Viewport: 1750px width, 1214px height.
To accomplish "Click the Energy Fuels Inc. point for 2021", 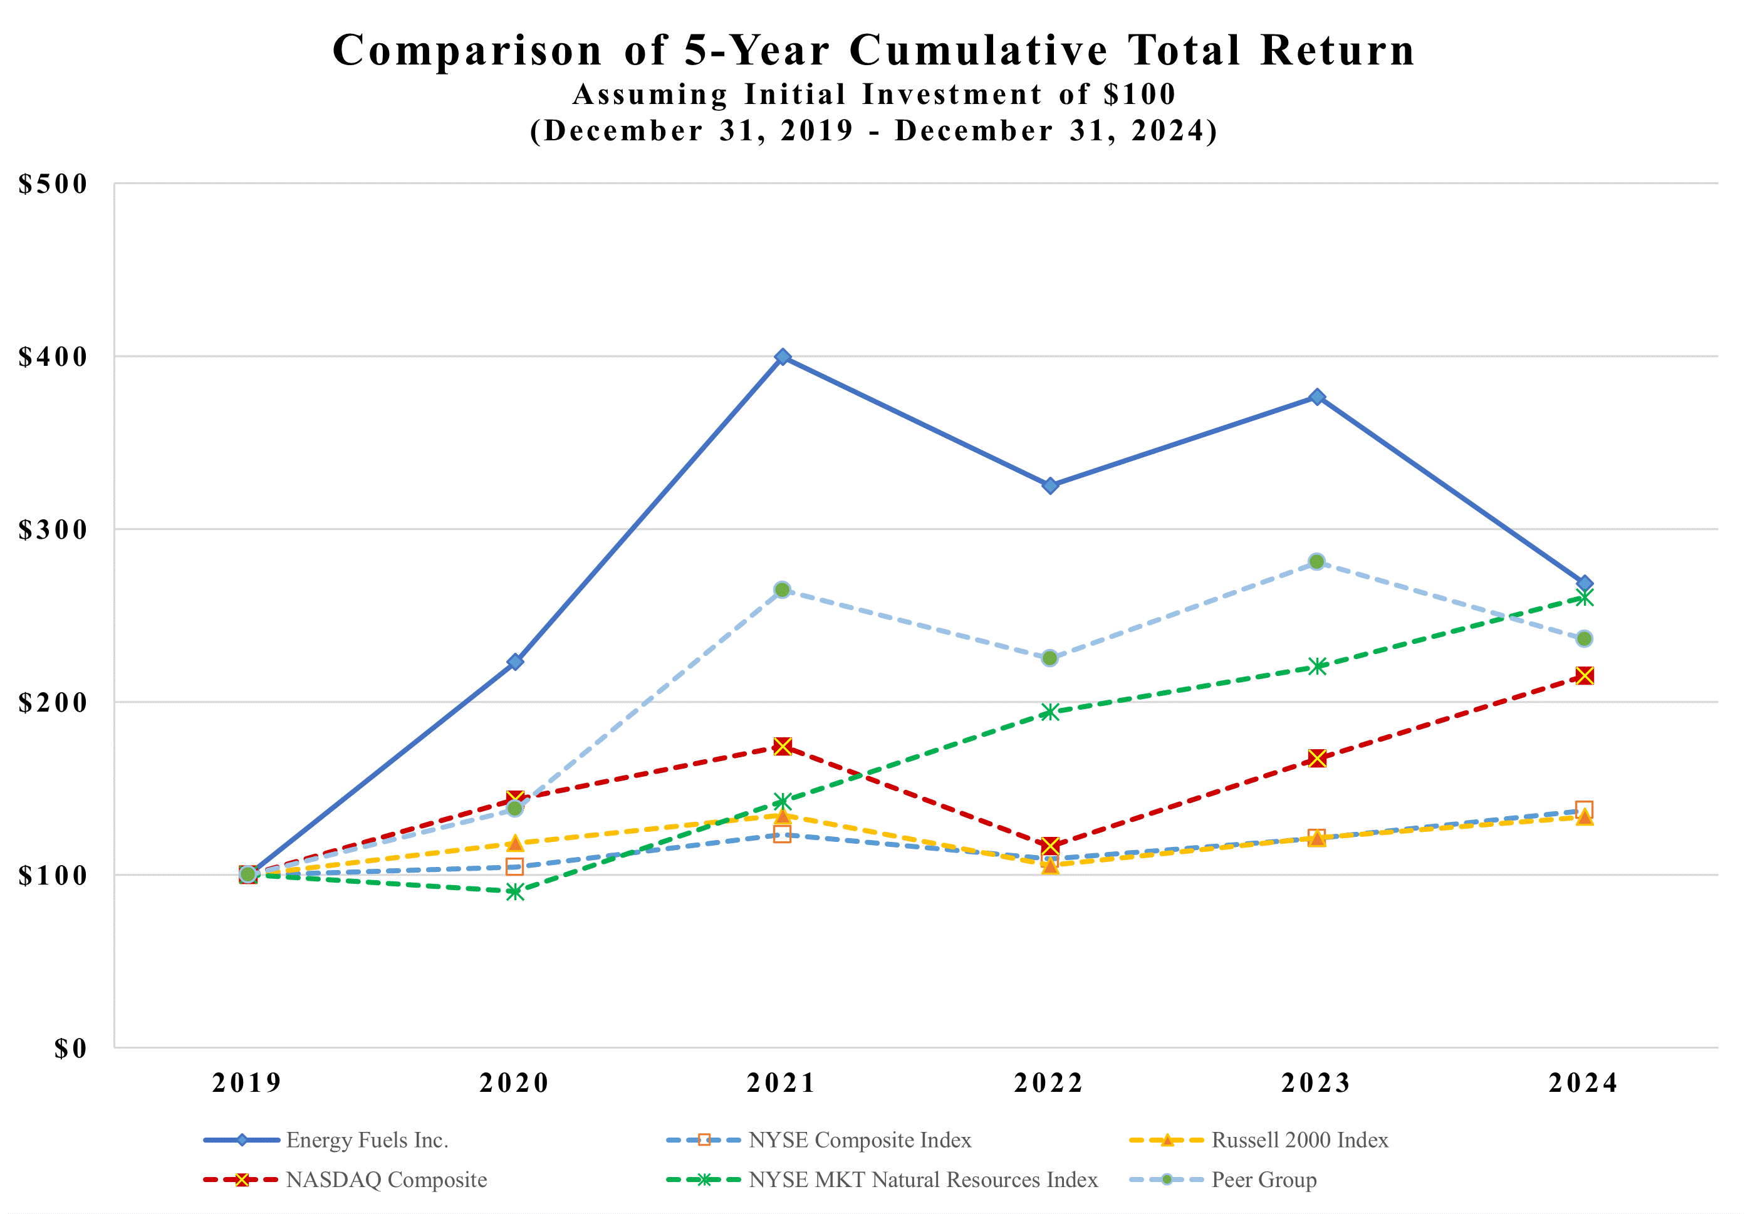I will pyautogui.click(x=782, y=357).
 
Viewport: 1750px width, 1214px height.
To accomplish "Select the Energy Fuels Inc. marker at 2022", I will pyautogui.click(x=1050, y=485).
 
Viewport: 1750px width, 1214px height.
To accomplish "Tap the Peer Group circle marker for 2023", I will pyautogui.click(x=1317, y=561).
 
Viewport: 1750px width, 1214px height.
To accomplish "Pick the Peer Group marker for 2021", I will pyautogui.click(x=782, y=589).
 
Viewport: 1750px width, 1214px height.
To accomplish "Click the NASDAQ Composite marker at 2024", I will pyautogui.click(x=1585, y=675).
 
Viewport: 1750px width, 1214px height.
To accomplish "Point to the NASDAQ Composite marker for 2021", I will pyautogui.click(x=782, y=746).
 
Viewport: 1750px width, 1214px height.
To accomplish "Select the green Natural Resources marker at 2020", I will pyautogui.click(x=515, y=891).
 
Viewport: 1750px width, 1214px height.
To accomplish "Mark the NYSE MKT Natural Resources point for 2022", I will pyautogui.click(x=1050, y=712).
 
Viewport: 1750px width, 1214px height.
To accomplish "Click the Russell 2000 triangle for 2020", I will pyautogui.click(x=515, y=843).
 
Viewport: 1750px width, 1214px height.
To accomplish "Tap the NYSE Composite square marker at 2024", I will pyautogui.click(x=1584, y=809).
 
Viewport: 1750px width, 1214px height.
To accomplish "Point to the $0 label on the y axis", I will pyautogui.click(x=70, y=1049).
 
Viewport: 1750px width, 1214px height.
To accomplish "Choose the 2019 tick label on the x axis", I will pyautogui.click(x=246, y=1083).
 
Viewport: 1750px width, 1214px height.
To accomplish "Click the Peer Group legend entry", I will pyautogui.click(x=1263, y=1180).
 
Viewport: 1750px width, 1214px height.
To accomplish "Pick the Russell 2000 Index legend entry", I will pyautogui.click(x=1299, y=1140).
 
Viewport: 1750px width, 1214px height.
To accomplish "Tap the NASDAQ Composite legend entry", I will pyautogui.click(x=386, y=1180).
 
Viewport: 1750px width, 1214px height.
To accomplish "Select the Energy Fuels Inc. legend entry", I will pyautogui.click(x=367, y=1140).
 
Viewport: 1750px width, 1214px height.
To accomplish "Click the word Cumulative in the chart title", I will pyautogui.click(x=979, y=51).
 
